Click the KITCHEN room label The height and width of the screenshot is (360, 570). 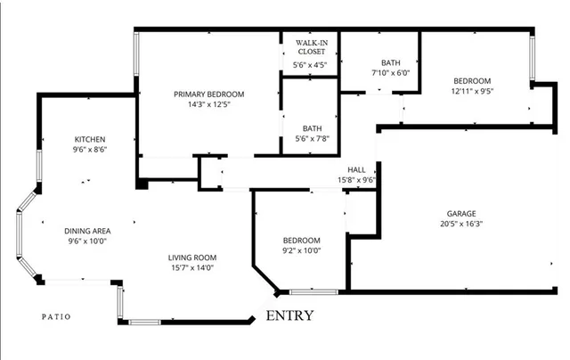[90, 139]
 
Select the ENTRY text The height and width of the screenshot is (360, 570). [289, 315]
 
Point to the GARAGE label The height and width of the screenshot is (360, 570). [461, 213]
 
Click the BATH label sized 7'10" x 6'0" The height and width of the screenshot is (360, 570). [391, 62]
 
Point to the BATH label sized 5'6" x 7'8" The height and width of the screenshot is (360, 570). [312, 127]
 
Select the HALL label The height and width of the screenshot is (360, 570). [356, 169]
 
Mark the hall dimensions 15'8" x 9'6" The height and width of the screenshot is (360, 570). [356, 179]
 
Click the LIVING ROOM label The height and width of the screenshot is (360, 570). [193, 258]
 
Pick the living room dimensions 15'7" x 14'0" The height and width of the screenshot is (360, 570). [193, 268]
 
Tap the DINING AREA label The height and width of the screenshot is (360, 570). [86, 230]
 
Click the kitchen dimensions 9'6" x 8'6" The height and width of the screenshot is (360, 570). [90, 151]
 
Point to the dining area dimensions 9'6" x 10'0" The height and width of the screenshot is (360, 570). [86, 241]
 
